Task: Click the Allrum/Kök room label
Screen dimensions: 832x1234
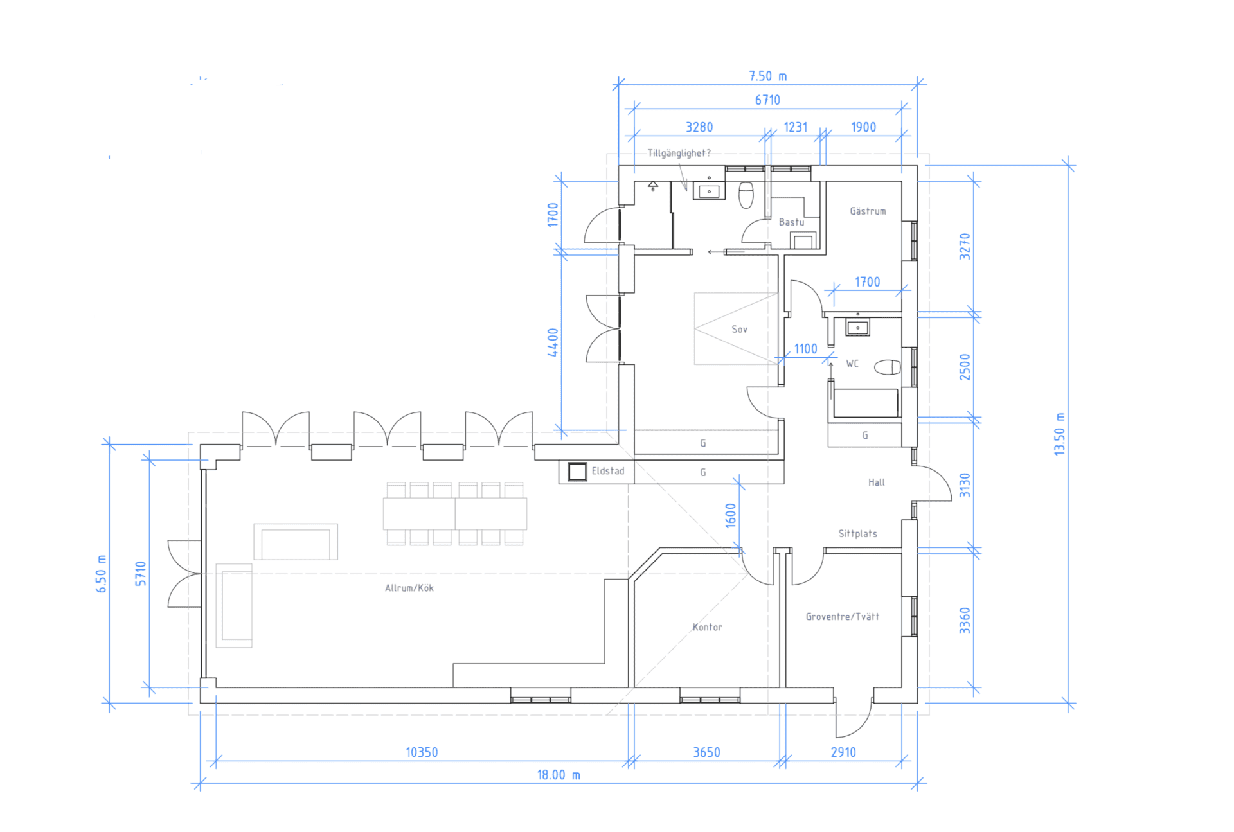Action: point(409,588)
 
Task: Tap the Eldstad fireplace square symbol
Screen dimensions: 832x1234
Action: point(577,472)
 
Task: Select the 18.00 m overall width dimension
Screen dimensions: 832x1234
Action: point(558,775)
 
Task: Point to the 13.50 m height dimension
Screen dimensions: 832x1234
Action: point(1059,434)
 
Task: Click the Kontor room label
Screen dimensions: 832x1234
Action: point(707,627)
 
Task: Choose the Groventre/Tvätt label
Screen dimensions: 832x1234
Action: point(842,617)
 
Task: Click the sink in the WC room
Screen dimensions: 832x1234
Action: point(857,328)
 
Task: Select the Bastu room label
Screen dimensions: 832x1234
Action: point(791,222)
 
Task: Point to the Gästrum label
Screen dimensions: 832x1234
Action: point(868,211)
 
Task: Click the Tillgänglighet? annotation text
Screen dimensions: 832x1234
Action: point(679,154)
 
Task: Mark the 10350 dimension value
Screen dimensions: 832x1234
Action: point(422,752)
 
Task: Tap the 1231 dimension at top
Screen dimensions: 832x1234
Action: point(795,127)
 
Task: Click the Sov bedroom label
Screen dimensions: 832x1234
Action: point(739,330)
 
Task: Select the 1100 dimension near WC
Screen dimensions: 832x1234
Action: point(805,349)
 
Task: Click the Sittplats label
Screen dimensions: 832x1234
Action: point(857,534)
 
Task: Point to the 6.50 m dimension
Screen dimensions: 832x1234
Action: point(101,573)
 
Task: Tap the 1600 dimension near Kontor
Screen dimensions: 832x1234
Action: point(731,515)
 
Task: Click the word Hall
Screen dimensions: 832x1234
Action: point(876,482)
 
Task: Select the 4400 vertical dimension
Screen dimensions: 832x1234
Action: point(553,342)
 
